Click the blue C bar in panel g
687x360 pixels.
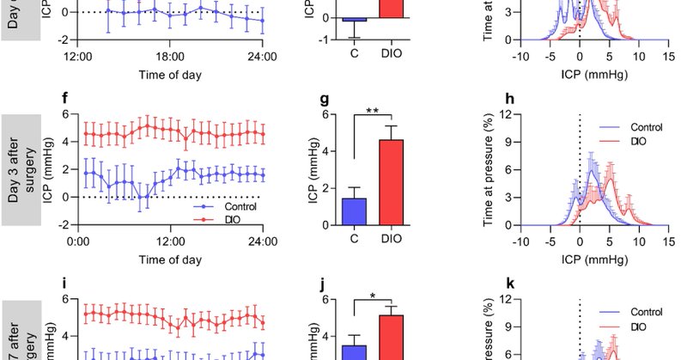tap(355, 211)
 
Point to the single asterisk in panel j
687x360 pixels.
tap(372, 296)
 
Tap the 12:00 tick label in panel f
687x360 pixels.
tap(170, 241)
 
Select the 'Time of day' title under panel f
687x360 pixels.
tap(171, 259)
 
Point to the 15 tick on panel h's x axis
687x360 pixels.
tap(668, 241)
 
